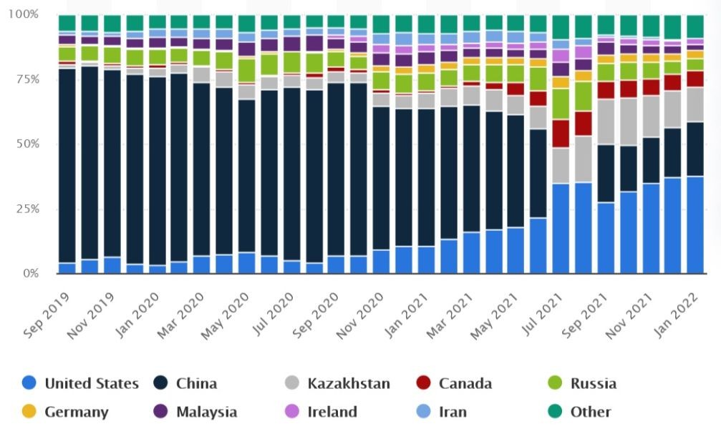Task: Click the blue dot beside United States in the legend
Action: click(28, 383)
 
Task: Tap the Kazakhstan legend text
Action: click(349, 383)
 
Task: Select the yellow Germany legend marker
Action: click(28, 412)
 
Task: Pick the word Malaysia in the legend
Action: click(205, 412)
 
